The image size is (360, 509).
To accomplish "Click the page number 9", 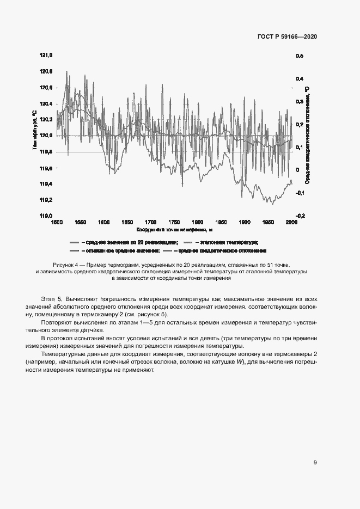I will tap(315, 463).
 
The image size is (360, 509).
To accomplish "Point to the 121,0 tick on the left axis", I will tap(46, 56).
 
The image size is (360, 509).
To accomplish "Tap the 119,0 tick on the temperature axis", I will tap(46, 216).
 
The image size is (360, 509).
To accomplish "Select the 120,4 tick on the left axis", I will tap(46, 103).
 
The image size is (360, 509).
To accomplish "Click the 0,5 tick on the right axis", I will tap(300, 56).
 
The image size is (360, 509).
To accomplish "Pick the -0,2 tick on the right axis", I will tap(300, 216).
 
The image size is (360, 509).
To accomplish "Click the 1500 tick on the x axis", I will tap(56, 223).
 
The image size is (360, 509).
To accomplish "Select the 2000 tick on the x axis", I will tap(291, 223).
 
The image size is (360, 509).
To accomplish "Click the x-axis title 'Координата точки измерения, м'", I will tap(174, 230).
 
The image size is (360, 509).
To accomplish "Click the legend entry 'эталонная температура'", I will tap(229, 242).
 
